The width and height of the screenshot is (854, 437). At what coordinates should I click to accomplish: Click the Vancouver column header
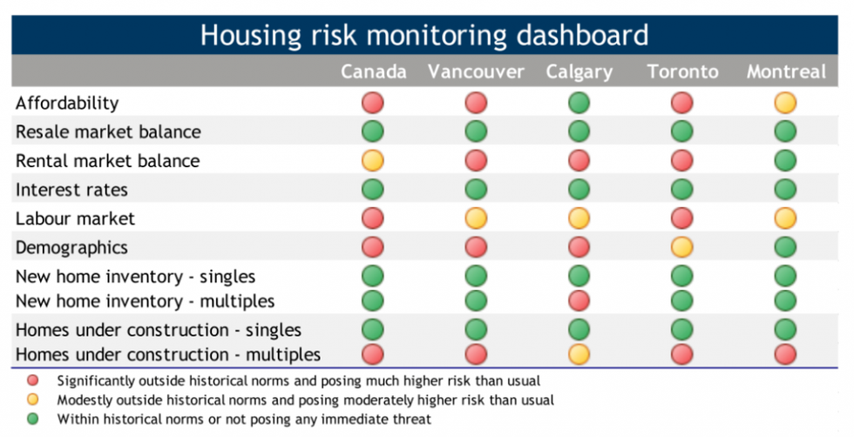pos(476,72)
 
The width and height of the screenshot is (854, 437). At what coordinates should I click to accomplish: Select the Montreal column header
pos(786,72)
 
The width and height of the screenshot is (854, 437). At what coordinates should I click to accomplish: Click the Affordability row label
pos(67,104)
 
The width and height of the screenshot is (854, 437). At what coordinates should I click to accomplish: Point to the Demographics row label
pos(71,248)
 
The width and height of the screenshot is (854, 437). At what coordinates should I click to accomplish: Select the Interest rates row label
pos(71,190)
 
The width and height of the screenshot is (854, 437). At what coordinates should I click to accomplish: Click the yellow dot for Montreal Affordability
pos(785,103)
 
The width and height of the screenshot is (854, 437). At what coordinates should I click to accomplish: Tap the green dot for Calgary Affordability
pos(579,103)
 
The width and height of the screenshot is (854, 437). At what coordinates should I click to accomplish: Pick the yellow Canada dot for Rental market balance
pos(373,160)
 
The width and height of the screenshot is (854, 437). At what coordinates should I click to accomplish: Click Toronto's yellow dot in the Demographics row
pos(681,247)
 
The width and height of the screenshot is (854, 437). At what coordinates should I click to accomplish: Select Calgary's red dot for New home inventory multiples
pos(579,300)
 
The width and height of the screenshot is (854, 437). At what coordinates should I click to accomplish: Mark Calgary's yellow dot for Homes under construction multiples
pos(579,354)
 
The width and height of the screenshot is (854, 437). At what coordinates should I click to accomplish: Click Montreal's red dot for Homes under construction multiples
pos(785,354)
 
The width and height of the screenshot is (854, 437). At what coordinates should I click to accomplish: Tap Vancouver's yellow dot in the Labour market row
pos(476,218)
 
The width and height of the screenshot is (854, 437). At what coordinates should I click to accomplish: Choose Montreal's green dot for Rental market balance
pos(785,160)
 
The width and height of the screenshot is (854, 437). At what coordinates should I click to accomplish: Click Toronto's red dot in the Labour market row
pos(681,218)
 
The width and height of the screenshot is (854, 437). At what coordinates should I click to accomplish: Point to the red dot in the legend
pos(33,380)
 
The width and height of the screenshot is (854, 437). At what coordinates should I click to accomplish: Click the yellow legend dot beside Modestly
pos(33,400)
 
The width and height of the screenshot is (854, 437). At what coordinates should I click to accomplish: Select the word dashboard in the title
pos(582,35)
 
